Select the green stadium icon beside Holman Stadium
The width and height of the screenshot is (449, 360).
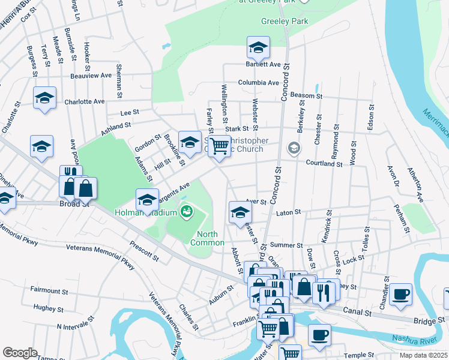point(186,211)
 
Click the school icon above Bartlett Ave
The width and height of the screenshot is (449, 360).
point(258,47)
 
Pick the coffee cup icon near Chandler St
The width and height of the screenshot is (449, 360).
point(400,294)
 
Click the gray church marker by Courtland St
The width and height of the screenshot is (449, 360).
point(294,147)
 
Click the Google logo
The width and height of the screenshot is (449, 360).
point(20,353)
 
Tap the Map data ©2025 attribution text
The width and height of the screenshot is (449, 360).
point(423,355)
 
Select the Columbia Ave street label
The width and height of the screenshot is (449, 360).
point(258,83)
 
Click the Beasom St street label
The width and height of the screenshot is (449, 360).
point(306,96)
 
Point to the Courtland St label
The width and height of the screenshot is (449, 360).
point(324,163)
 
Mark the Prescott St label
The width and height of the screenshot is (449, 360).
point(145,251)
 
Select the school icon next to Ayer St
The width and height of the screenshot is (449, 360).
point(240,212)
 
